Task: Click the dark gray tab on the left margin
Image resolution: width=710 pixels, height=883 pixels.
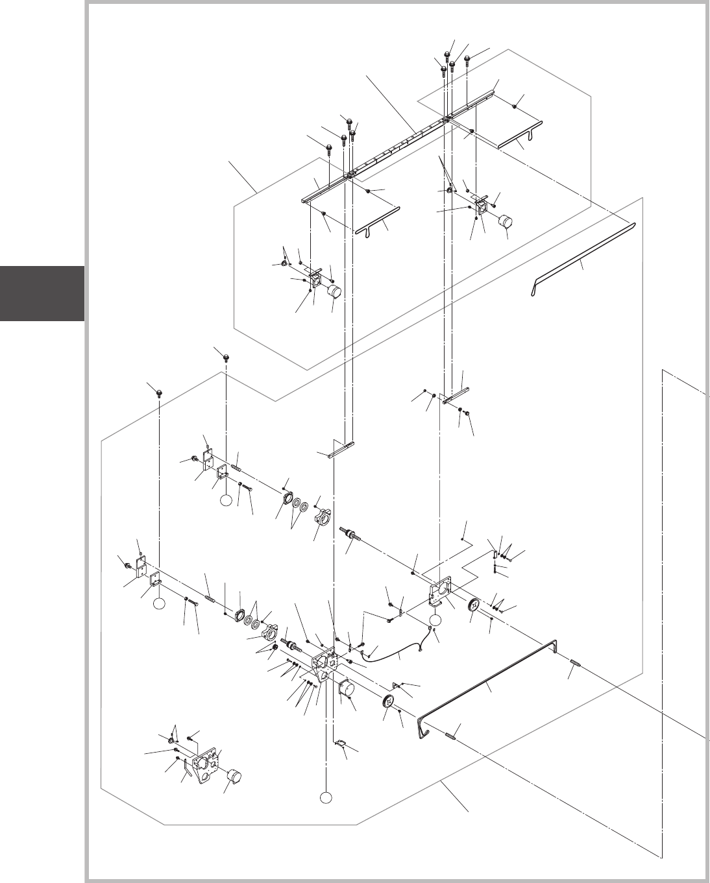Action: coord(42,293)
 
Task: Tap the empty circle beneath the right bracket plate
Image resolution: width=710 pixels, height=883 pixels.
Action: coord(435,620)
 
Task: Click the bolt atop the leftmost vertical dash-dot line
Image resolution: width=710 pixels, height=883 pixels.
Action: coord(158,391)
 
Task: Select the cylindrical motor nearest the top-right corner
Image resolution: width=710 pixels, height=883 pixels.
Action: coord(505,222)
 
